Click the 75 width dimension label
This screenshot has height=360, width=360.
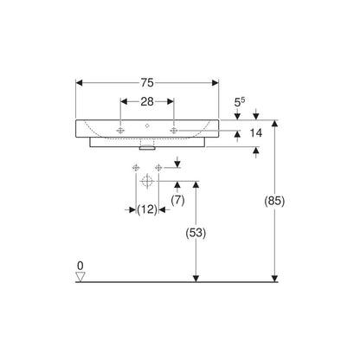click(147, 83)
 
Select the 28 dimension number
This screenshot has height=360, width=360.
click(147, 101)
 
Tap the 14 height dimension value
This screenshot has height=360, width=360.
click(256, 133)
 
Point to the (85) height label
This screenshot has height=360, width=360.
click(274, 201)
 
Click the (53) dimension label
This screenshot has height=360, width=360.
click(196, 233)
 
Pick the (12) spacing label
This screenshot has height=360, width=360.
click(147, 209)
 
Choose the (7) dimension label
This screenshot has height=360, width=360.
click(177, 200)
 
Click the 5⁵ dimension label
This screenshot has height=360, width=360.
click(240, 102)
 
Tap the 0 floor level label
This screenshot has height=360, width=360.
click(80, 266)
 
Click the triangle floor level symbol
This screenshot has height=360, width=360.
click(80, 276)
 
